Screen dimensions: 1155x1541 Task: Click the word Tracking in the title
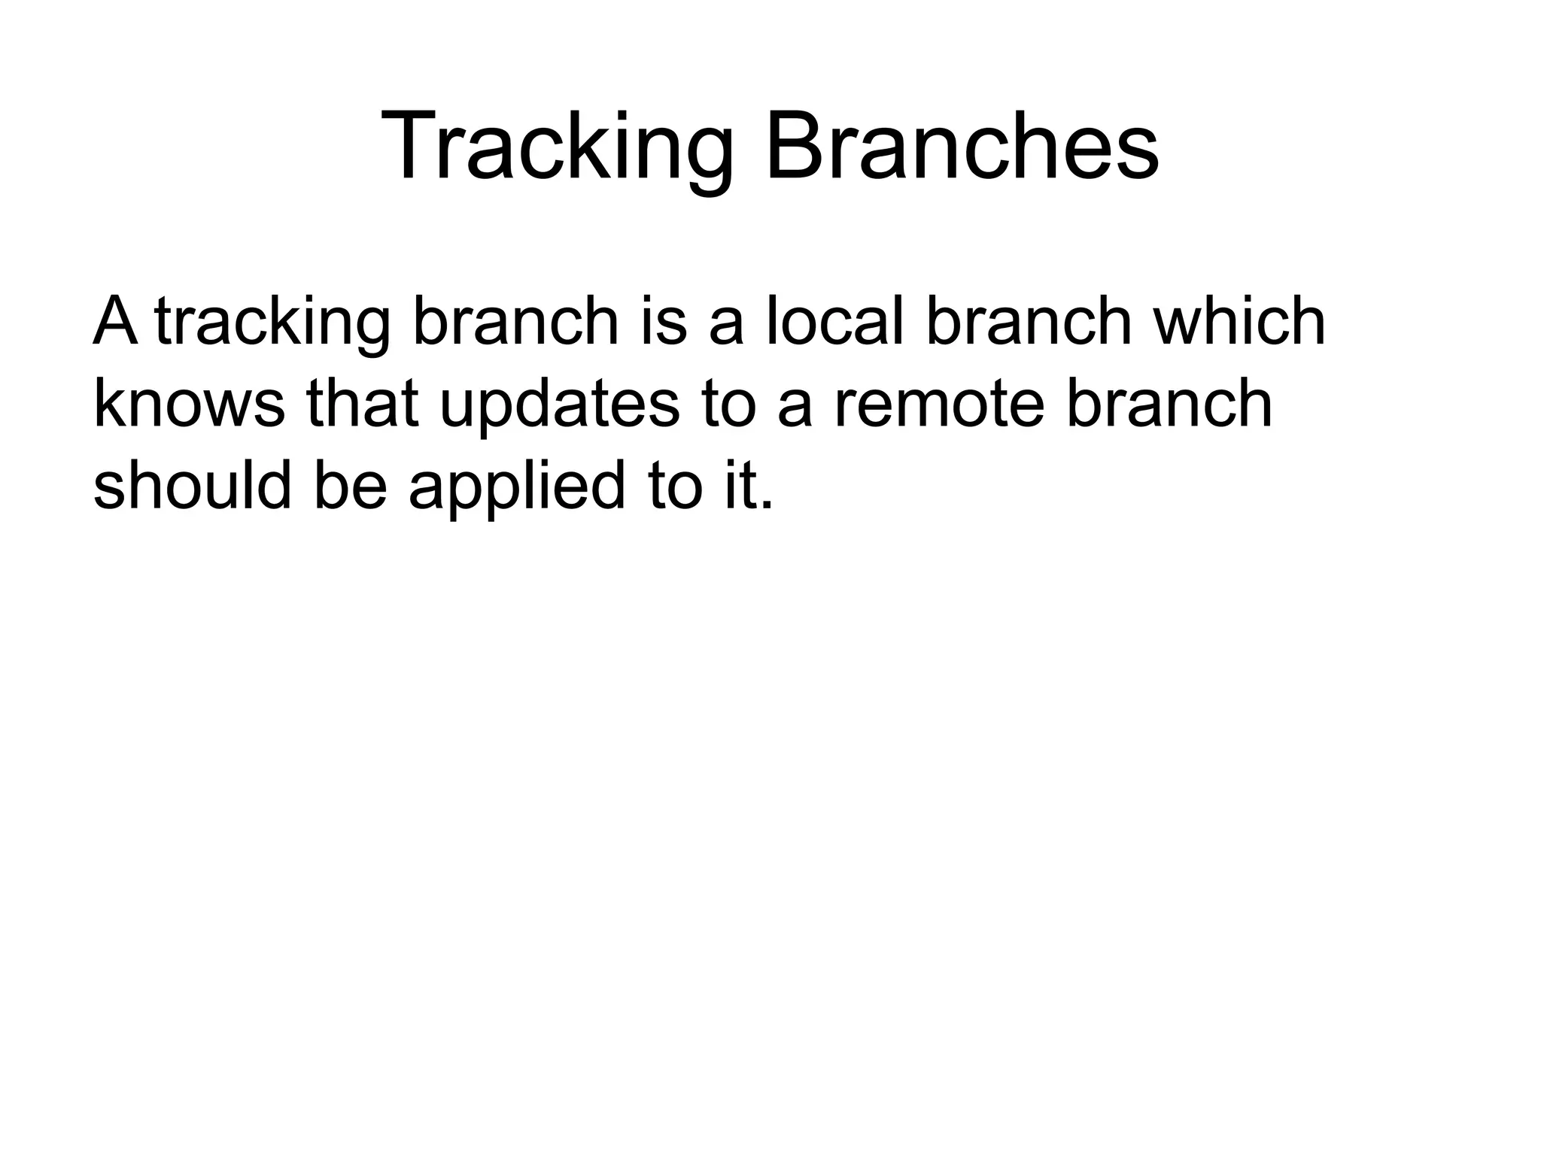558,147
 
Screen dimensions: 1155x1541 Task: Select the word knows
189,404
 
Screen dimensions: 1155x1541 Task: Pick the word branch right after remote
1169,404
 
